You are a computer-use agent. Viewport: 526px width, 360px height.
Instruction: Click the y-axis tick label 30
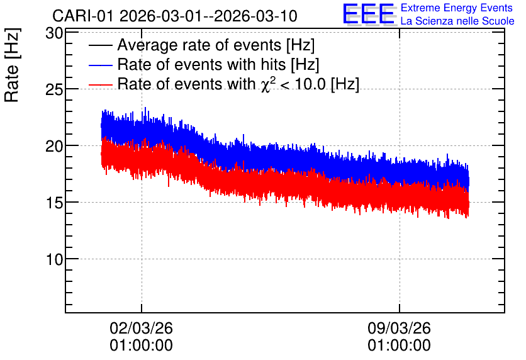[x=54, y=33]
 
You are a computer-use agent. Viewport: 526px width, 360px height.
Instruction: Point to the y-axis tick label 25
[x=54, y=89]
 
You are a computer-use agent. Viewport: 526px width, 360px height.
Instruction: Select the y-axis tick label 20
[x=54, y=146]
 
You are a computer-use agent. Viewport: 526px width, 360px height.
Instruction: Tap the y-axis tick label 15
[x=54, y=203]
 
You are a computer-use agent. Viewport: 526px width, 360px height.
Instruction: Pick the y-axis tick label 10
[x=54, y=259]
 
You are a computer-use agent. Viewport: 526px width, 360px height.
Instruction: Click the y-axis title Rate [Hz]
[x=12, y=65]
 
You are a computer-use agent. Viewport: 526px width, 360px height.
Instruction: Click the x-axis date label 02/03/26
[x=141, y=328]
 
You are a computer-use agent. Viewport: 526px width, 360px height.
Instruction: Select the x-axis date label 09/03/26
[x=399, y=328]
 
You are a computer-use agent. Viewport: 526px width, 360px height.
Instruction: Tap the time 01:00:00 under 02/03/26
[x=141, y=346]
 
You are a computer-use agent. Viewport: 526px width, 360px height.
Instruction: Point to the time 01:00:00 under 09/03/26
[x=399, y=346]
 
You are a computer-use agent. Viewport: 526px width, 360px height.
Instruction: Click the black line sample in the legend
[x=101, y=45]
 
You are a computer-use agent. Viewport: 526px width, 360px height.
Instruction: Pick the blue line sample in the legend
[x=101, y=65]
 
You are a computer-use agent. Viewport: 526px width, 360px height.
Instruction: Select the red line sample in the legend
[x=101, y=84]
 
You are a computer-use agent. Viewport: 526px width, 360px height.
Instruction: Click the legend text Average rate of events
[x=199, y=45]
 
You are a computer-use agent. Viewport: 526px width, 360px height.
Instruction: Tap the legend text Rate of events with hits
[x=201, y=64]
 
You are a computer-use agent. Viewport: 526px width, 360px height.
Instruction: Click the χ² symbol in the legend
[x=269, y=84]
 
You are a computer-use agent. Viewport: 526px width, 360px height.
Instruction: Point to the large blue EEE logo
[x=369, y=14]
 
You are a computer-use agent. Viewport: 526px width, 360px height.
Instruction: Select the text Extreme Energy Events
[x=457, y=8]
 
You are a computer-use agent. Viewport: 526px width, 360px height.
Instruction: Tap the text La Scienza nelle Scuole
[x=457, y=21]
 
